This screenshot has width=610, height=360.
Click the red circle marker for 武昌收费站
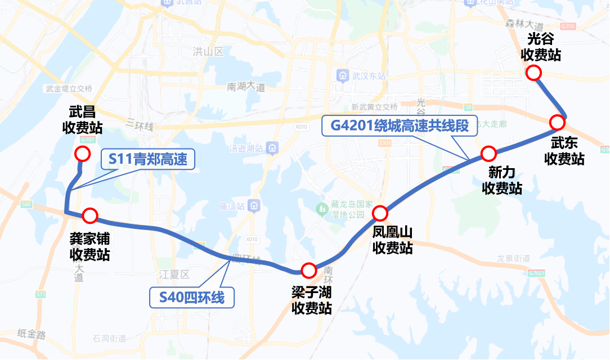(82, 154)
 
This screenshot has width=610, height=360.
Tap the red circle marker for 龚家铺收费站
(90, 215)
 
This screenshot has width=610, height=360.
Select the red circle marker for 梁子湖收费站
(308, 271)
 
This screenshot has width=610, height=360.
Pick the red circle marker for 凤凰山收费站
(380, 213)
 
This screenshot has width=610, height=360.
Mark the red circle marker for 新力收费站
(488, 153)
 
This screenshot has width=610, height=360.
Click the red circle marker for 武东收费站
(557, 122)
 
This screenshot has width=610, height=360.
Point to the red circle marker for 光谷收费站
(533, 73)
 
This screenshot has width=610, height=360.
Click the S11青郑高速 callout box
(149, 160)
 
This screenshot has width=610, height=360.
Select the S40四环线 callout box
(191, 297)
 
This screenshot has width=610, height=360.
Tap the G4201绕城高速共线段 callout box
(400, 125)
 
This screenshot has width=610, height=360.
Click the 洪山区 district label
(208, 52)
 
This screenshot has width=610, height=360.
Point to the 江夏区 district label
(174, 274)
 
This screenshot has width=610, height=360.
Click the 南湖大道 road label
(246, 87)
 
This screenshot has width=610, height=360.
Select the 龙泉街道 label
(514, 258)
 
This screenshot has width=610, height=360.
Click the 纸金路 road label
(31, 334)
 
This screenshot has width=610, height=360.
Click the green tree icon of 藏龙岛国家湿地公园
(322, 209)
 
